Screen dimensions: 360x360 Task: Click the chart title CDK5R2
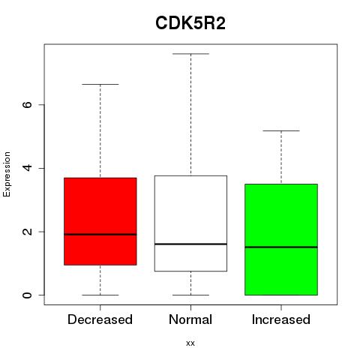(190, 23)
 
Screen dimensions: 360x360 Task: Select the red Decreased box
(100, 221)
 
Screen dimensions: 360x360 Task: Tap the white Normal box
(190, 223)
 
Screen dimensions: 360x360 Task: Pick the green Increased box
(281, 239)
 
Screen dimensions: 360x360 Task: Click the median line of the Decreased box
(100, 235)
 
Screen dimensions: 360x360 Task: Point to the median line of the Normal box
(190, 244)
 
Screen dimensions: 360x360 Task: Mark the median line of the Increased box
(281, 247)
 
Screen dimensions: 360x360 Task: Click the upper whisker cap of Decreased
(100, 85)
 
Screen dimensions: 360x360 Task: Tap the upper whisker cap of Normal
(190, 54)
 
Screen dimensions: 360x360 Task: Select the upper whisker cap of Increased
(281, 130)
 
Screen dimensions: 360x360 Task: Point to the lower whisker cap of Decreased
(100, 295)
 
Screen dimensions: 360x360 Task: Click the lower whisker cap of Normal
(190, 295)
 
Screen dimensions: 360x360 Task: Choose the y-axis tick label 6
(27, 104)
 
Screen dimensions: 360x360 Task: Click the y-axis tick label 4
(27, 168)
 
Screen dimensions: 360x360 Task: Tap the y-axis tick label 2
(27, 232)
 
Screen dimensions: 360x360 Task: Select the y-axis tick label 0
(27, 295)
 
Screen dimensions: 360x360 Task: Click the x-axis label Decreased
(100, 319)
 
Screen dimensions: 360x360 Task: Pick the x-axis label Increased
(281, 319)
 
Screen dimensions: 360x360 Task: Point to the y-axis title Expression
(7, 174)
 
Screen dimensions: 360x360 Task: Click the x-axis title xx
(190, 343)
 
